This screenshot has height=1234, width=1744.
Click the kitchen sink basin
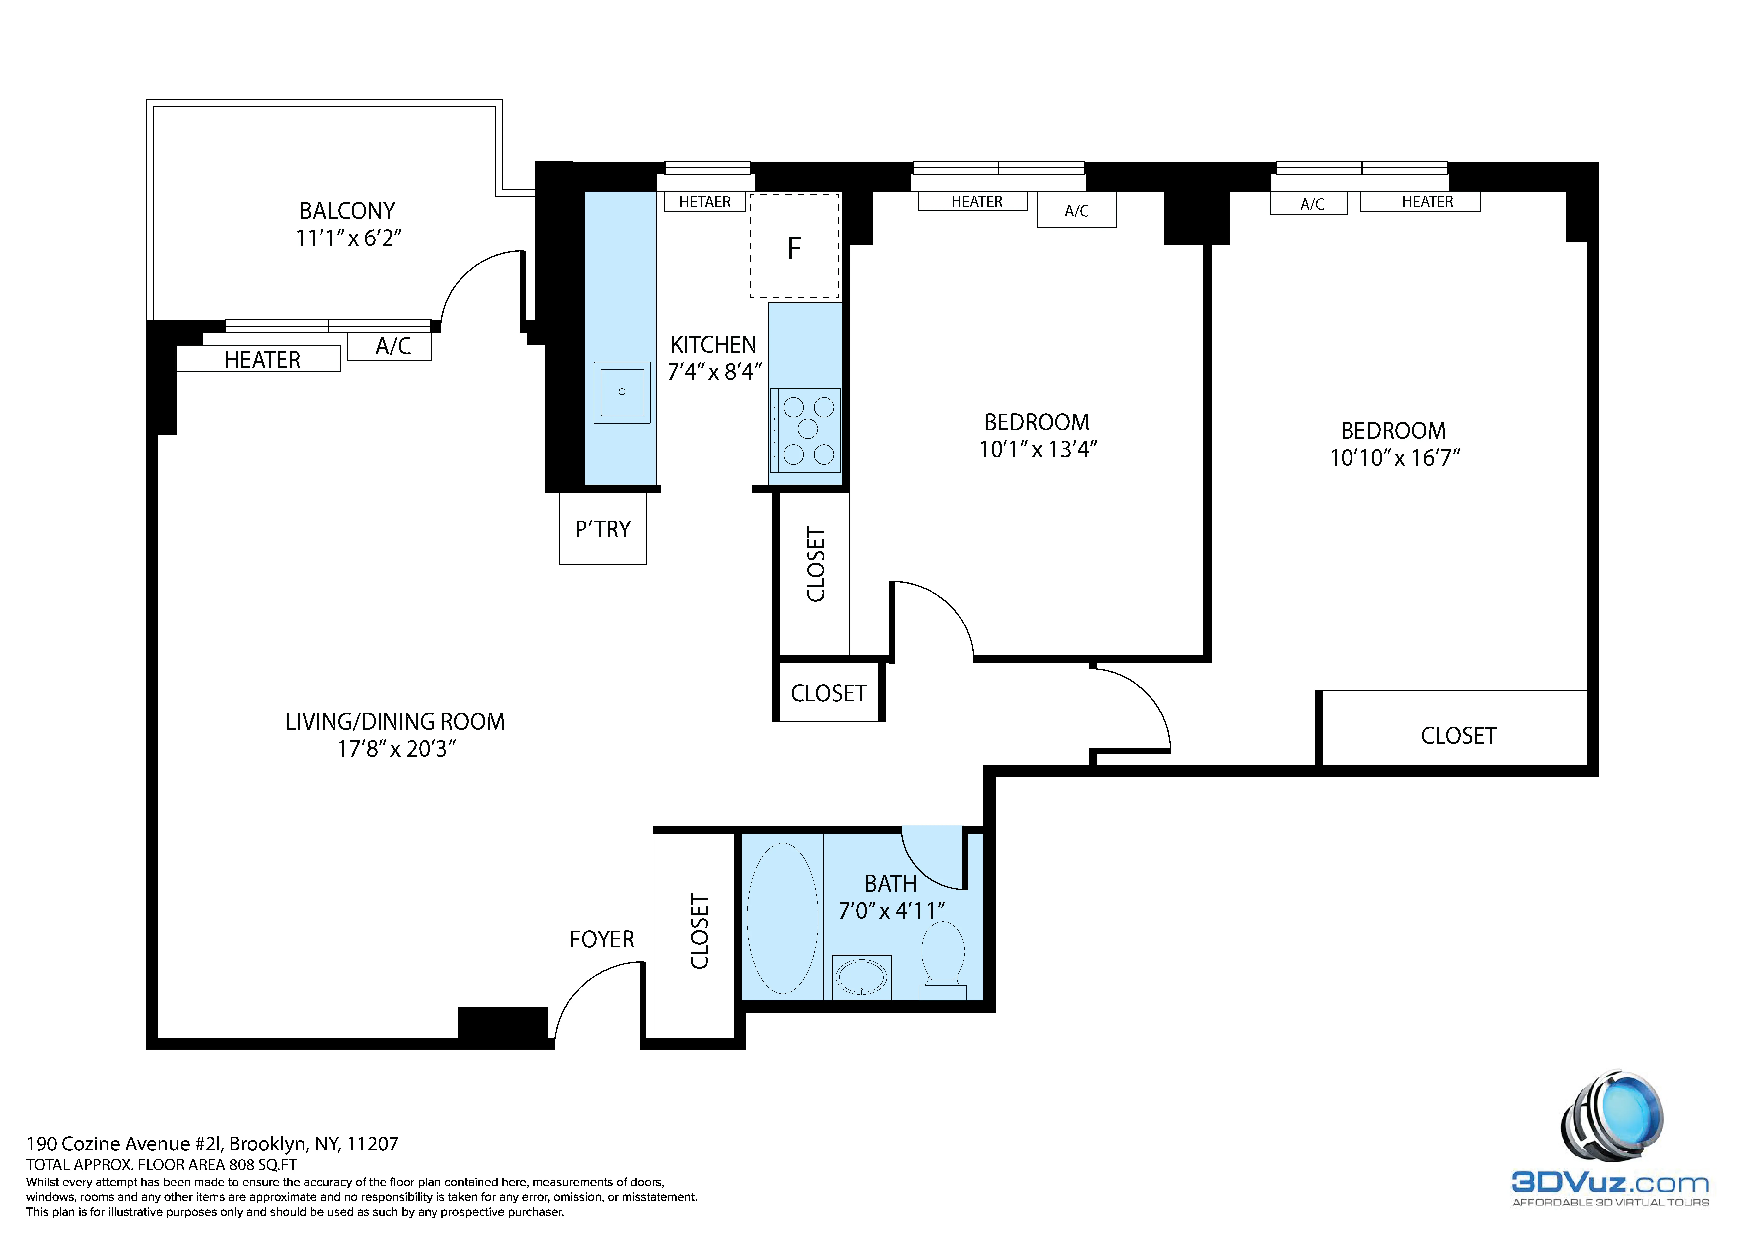pyautogui.click(x=622, y=392)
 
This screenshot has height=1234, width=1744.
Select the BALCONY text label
pyautogui.click(x=347, y=210)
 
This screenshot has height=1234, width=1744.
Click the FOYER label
pyautogui.click(x=602, y=939)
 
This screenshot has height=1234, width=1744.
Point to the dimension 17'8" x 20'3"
pyautogui.click(x=396, y=749)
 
